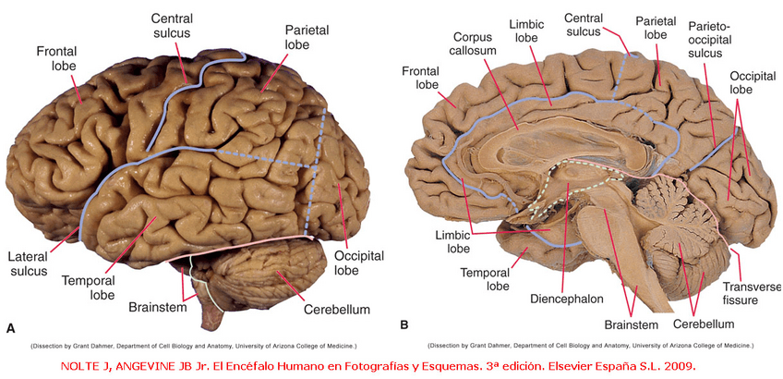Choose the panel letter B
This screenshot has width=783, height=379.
click(x=404, y=325)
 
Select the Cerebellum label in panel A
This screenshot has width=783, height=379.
click(x=338, y=310)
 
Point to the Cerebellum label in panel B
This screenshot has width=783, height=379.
click(x=703, y=324)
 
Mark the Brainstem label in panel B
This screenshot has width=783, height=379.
click(x=631, y=324)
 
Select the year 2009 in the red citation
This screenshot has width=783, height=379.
click(x=677, y=366)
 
